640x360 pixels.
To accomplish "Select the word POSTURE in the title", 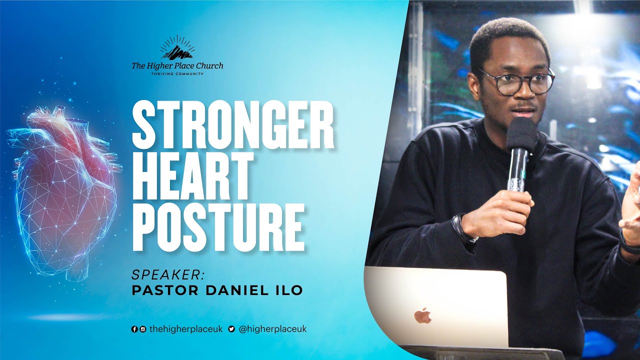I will tap(218, 226).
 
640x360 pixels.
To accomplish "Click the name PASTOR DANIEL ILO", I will tap(217, 290).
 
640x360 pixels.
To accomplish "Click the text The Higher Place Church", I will tap(177, 65).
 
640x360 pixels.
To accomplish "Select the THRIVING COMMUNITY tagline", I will tap(177, 73).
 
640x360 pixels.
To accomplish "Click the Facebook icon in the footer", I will tap(134, 329).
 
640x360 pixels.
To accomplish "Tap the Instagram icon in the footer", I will tap(143, 329).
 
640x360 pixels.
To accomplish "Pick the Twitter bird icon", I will tap(231, 329).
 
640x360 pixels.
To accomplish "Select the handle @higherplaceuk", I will tap(272, 329).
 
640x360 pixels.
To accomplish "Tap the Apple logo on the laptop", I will tap(422, 315).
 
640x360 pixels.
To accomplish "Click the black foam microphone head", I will tap(521, 133).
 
